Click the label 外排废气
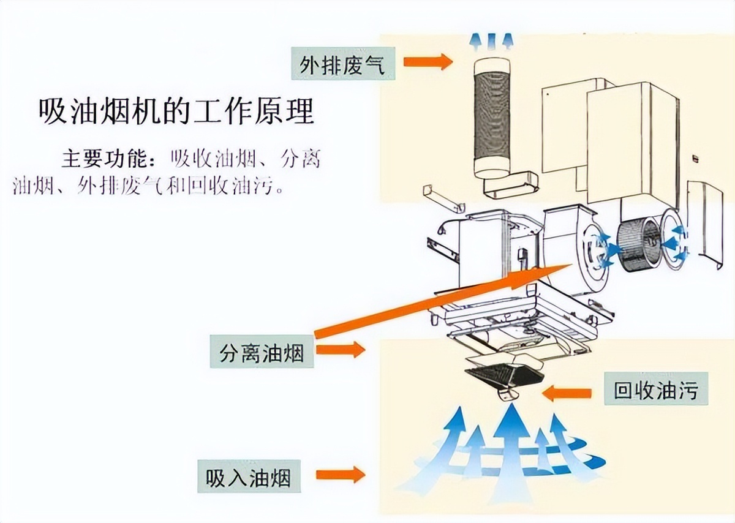(342, 64)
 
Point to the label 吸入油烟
(249, 476)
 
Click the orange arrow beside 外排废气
(426, 61)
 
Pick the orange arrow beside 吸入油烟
(340, 475)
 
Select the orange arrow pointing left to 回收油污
(567, 392)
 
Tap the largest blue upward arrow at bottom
(508, 441)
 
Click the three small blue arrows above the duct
(492, 40)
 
